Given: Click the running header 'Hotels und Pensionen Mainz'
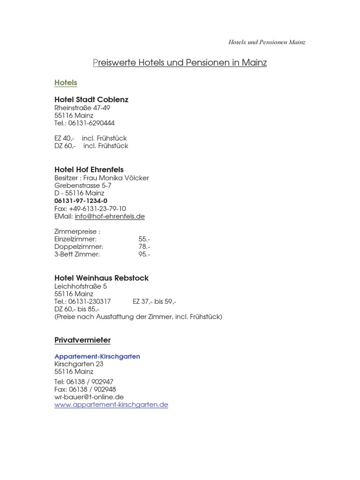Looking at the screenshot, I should tap(267, 42).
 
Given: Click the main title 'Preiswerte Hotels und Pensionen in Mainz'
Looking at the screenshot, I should tap(180, 62).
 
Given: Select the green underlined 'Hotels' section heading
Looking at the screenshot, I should tap(66, 83).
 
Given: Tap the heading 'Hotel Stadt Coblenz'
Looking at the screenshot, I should tap(91, 100).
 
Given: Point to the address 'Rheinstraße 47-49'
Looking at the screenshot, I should tap(82, 108).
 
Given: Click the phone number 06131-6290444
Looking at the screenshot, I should tap(91, 123).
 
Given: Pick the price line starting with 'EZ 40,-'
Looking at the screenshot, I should tap(90, 138).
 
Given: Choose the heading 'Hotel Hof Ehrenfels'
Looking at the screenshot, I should tap(89, 170).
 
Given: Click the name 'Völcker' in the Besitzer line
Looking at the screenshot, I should tap(136, 178).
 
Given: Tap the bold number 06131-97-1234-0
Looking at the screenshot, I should tap(81, 201).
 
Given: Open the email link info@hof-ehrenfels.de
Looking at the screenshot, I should tap(110, 217).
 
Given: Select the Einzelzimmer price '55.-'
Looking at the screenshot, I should tap(144, 239).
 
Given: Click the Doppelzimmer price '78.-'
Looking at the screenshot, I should tap(144, 247).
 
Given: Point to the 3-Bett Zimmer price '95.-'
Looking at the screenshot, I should tap(144, 255).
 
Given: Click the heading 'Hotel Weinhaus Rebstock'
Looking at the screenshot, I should tap(101, 278).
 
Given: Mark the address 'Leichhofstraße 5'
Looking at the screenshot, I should tap(81, 286).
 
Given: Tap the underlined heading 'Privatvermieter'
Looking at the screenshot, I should tap(82, 340).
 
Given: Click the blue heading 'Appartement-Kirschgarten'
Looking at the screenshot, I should tap(97, 357).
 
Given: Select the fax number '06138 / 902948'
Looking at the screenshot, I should tap(92, 390).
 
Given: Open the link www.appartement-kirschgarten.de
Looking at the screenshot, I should tap(111, 405).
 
